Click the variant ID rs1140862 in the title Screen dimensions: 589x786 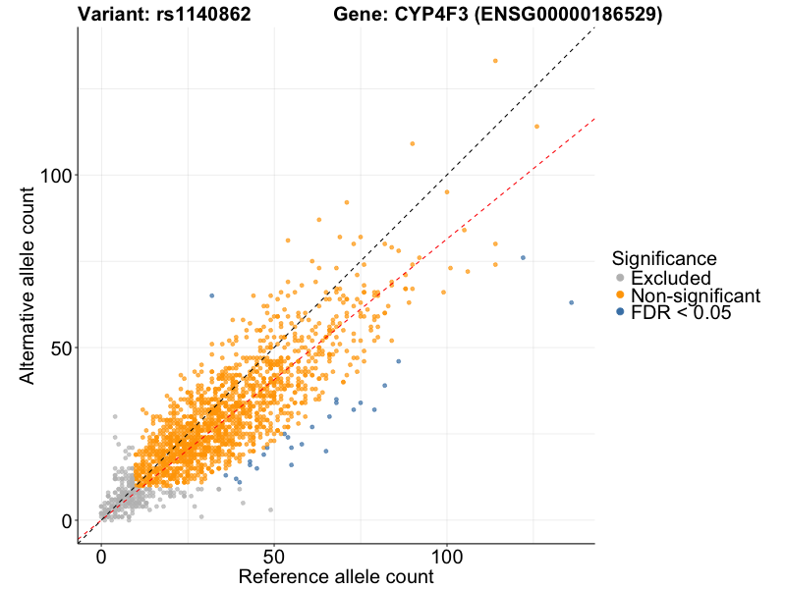pos(203,15)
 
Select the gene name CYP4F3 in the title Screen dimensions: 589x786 pos(435,15)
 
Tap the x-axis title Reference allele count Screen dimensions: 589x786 pos(336,576)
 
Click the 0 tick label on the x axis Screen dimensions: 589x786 pos(101,557)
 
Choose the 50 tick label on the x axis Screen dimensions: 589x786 pos(274,557)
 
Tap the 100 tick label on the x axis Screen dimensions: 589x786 pos(447,557)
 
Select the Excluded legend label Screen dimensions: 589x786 pos(670,278)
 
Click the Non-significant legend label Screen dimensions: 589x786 pos(695,295)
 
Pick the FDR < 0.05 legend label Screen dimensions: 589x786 pos(681,312)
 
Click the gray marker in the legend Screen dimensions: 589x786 pos(620,278)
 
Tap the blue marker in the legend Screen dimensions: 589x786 pos(620,312)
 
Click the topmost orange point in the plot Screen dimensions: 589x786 pos(495,61)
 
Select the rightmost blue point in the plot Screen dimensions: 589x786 pos(571,302)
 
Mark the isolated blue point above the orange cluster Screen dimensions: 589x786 pos(211,295)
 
